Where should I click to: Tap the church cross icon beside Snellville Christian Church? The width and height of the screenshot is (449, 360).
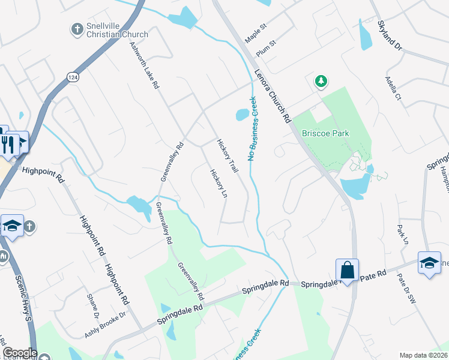pos(76,28)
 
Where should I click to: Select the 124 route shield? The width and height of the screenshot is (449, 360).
pos(73,77)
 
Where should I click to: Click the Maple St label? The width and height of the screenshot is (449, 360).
pos(255,34)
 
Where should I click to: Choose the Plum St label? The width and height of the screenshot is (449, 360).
pos(266,49)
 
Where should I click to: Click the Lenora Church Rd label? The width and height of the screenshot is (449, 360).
pos(273,96)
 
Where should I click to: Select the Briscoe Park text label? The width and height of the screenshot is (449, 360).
pos(325,133)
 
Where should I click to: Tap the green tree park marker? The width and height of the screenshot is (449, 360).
pos(321,81)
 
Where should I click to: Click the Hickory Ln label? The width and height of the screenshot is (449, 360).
pos(217,185)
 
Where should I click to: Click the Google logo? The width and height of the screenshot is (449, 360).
pos(19,353)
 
